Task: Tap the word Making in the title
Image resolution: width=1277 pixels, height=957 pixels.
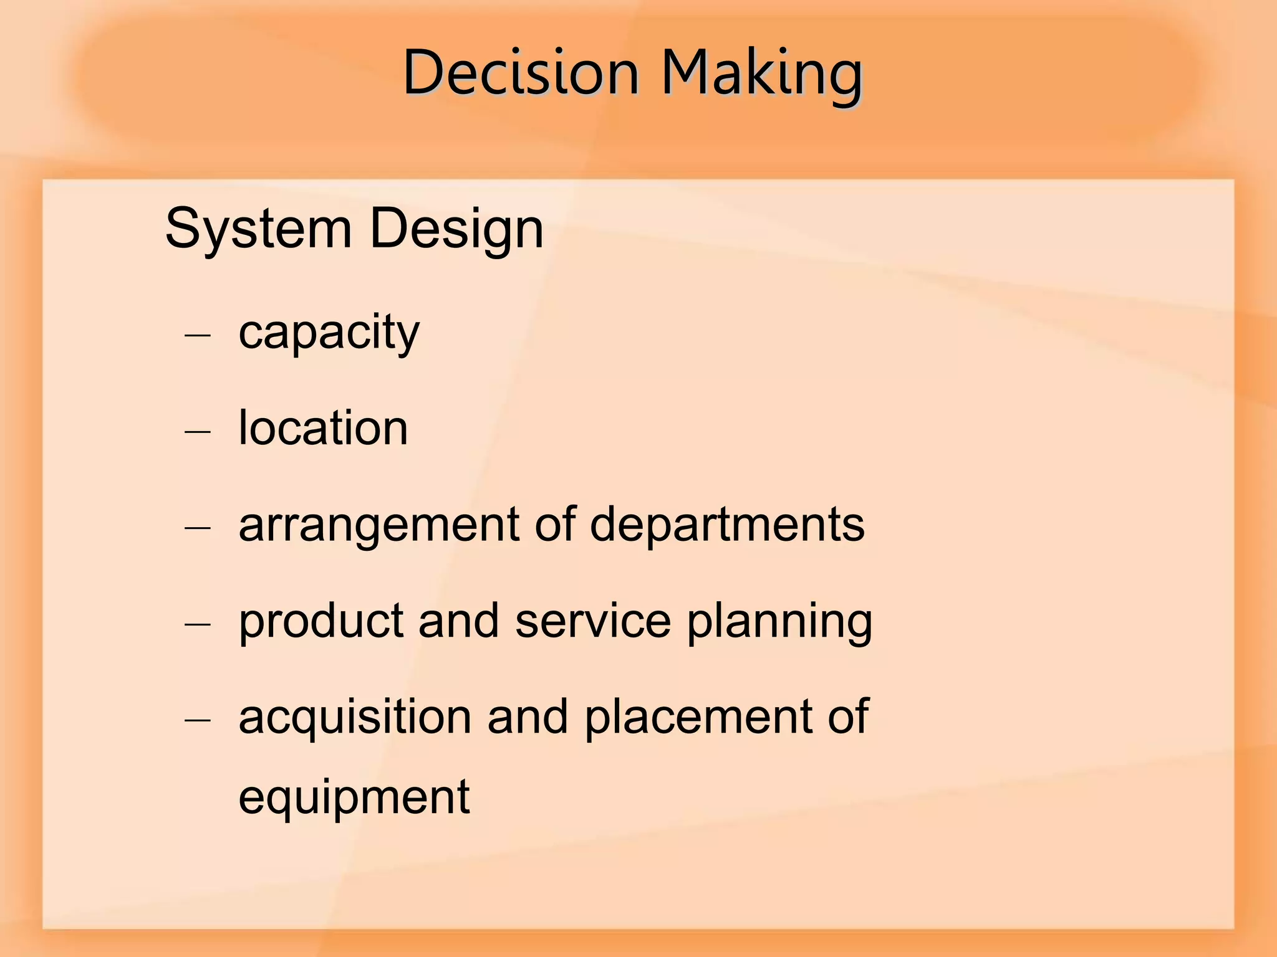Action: pyautogui.click(x=761, y=73)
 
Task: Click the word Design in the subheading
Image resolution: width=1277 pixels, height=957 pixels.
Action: pyautogui.click(x=456, y=229)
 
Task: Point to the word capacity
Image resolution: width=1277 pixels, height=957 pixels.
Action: pyautogui.click(x=329, y=333)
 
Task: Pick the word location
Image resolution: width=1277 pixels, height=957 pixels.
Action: pyautogui.click(x=323, y=428)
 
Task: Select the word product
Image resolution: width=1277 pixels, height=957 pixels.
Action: pyautogui.click(x=320, y=621)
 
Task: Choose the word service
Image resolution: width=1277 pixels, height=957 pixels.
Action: pyautogui.click(x=593, y=621)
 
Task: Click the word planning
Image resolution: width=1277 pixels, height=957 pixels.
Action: pyautogui.click(x=779, y=621)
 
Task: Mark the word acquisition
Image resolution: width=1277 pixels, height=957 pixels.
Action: pyautogui.click(x=355, y=718)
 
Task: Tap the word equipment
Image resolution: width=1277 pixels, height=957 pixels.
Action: pyautogui.click(x=354, y=797)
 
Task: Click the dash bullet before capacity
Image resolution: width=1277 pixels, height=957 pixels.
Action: pyautogui.click(x=198, y=336)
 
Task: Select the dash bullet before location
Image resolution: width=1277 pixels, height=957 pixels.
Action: pyautogui.click(x=198, y=431)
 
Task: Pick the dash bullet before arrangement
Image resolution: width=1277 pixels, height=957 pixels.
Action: pyautogui.click(x=198, y=528)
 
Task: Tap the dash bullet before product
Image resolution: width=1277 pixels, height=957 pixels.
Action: pyautogui.click(x=198, y=624)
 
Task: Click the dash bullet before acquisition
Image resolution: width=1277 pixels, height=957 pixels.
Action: pyautogui.click(x=198, y=720)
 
